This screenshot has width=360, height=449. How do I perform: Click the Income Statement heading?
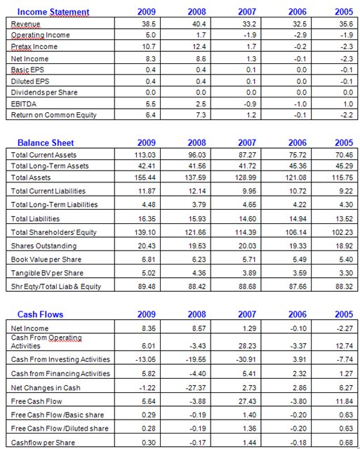(53, 12)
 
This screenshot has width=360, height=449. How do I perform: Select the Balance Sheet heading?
(46, 142)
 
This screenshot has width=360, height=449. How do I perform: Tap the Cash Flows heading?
(41, 314)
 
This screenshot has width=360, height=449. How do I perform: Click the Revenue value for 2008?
(199, 24)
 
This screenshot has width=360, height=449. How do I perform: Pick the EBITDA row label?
(24, 104)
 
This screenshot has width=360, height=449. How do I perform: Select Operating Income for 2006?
(300, 35)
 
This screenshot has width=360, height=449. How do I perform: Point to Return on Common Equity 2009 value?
(151, 115)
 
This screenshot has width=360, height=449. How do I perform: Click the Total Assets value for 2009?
(145, 177)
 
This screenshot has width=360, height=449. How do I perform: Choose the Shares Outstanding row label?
(44, 246)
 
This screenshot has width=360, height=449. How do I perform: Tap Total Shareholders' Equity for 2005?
(342, 232)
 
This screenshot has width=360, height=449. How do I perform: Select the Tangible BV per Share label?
(47, 273)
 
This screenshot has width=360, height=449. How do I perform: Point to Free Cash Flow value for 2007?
(247, 401)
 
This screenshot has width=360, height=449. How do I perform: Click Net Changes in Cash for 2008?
(197, 388)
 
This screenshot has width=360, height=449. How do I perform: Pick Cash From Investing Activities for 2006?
(300, 359)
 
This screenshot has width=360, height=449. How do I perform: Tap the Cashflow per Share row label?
(43, 443)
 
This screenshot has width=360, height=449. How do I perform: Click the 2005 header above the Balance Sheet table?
(344, 142)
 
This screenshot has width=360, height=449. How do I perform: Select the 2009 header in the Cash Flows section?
(147, 314)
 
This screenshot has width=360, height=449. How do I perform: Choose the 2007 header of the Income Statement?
(247, 12)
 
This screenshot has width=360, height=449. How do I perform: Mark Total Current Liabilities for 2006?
(298, 191)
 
